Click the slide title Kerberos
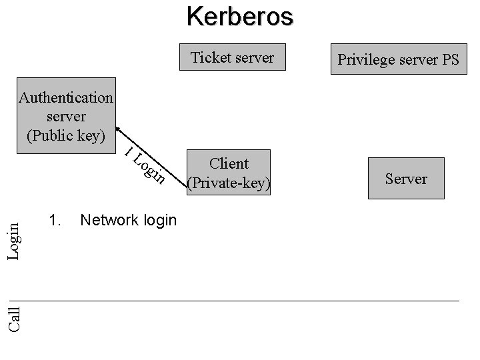[x=239, y=16]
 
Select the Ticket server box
[x=232, y=57]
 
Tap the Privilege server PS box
[x=398, y=59]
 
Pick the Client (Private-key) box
[x=229, y=173]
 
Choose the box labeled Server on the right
[x=406, y=179]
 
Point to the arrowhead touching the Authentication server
[x=117, y=129]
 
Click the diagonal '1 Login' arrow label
[x=145, y=163]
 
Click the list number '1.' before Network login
[x=55, y=220]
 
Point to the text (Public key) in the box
[x=66, y=135]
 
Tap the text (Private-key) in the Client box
[x=229, y=183]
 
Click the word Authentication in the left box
[x=66, y=97]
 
